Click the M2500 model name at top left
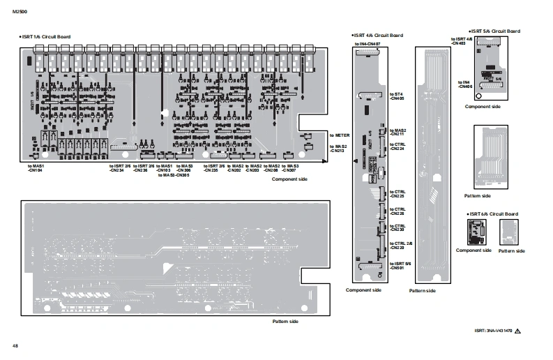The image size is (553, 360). click(x=18, y=11)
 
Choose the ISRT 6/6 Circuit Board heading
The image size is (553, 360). click(x=492, y=213)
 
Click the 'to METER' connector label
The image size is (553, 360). click(x=339, y=134)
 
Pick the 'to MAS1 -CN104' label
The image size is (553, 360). click(x=36, y=168)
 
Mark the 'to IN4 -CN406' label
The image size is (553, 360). click(x=465, y=84)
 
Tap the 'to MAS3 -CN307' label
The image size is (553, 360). click(x=290, y=168)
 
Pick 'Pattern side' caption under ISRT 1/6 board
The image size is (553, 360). click(x=285, y=321)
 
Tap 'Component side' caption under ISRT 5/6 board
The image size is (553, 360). click(x=483, y=106)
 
